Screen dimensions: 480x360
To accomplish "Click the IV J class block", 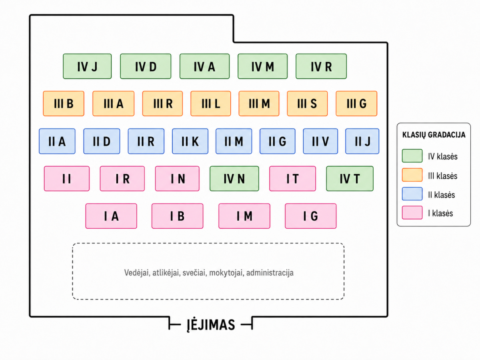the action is point(87,66).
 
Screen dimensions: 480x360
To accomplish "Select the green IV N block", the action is point(234,178).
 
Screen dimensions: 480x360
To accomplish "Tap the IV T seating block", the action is point(350,178).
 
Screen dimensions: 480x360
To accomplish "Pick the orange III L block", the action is point(210,103).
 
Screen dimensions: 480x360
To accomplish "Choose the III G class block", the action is point(356,103).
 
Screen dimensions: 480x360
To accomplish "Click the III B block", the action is point(64,103).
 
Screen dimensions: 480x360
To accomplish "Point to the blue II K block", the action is point(190,141).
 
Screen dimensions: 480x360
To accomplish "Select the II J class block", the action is point(362,141).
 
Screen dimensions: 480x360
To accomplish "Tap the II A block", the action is point(57,141).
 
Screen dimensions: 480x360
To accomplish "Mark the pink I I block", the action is point(67,178).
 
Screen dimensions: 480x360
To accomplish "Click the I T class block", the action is point(292,178).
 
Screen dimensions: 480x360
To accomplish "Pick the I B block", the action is point(177,216).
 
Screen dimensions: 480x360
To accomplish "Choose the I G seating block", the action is point(310,216).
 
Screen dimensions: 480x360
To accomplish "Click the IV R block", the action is point(321,66).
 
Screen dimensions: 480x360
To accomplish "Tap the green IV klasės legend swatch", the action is point(412,156).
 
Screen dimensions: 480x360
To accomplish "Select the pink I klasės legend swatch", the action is point(412,212).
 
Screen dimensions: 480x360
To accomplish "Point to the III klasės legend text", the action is point(443,176).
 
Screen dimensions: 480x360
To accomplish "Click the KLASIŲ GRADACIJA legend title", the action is point(434,135).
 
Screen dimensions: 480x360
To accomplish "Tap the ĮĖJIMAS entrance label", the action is point(211,324).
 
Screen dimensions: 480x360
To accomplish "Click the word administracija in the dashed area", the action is point(270,273).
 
